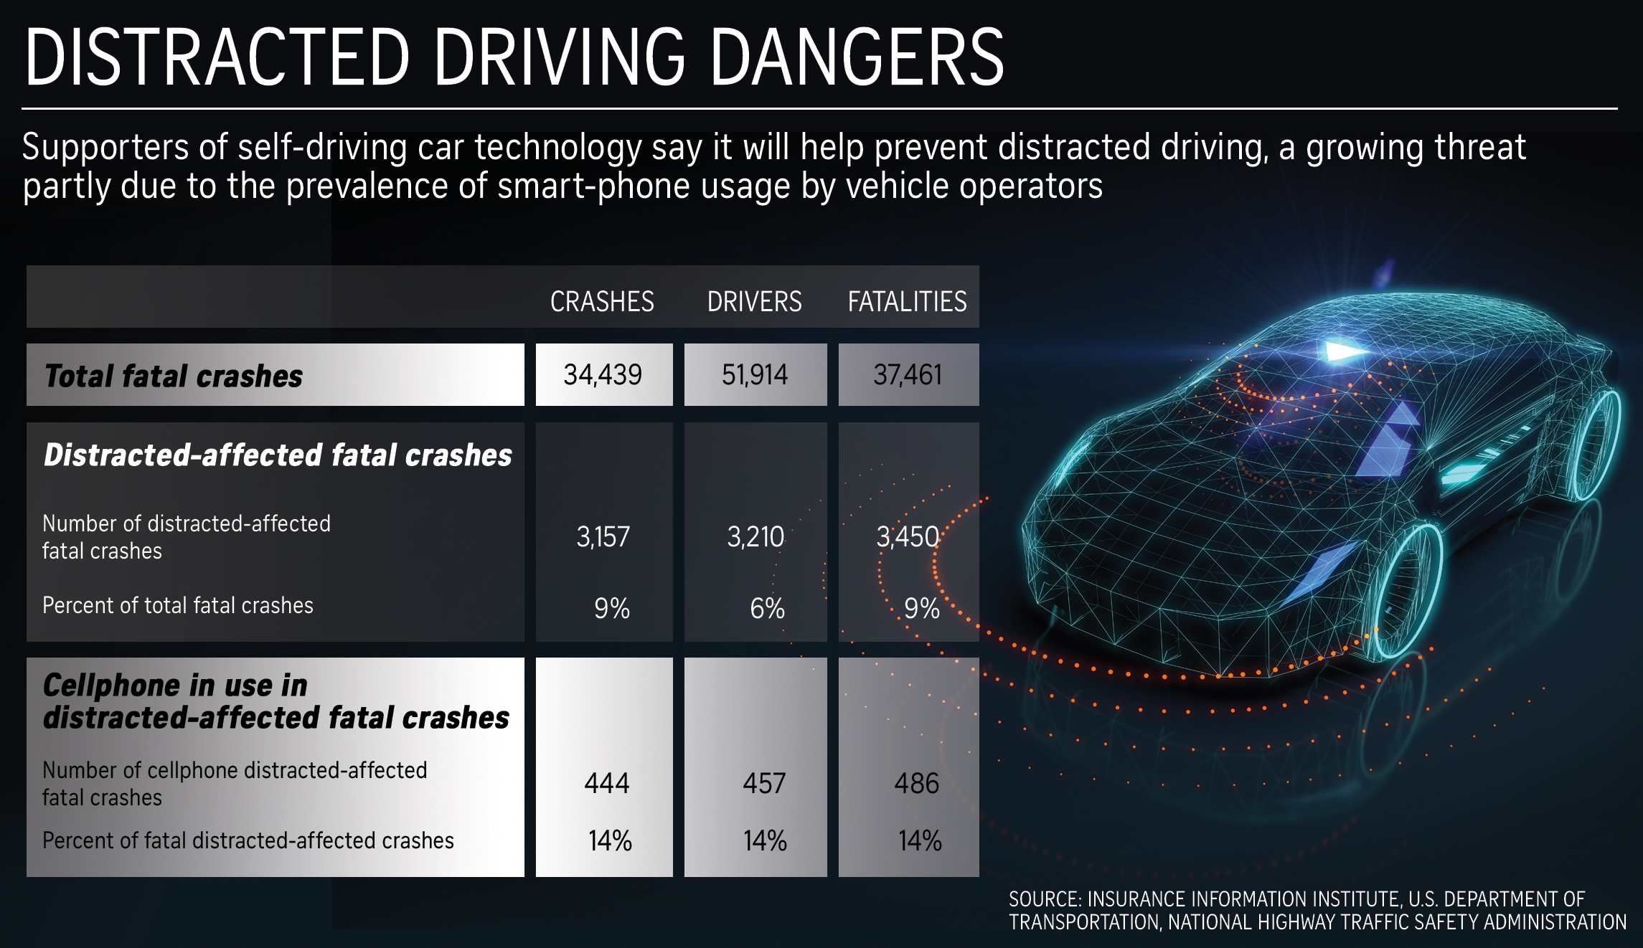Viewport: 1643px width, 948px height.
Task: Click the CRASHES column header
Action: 602,301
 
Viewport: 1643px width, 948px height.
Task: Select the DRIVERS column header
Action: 754,301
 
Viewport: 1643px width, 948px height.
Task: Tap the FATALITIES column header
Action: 907,301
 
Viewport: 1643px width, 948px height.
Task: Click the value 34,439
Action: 603,375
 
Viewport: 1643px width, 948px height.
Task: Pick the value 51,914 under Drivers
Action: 755,375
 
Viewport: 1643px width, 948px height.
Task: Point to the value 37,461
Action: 908,375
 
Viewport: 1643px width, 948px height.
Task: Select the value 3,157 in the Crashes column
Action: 603,537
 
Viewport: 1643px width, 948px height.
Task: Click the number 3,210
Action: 755,537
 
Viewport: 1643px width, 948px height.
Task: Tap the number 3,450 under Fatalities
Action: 908,537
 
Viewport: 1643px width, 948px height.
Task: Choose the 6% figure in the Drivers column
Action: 767,609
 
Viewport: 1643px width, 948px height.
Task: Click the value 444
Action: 606,783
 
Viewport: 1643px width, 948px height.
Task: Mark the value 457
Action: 764,783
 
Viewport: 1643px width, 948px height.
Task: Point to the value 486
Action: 916,783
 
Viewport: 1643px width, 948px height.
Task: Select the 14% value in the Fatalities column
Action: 920,840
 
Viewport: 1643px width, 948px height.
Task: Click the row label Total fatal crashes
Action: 174,376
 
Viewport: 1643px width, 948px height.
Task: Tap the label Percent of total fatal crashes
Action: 178,605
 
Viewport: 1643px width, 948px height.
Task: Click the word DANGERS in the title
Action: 857,57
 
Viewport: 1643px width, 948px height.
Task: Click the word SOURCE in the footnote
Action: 1044,899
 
